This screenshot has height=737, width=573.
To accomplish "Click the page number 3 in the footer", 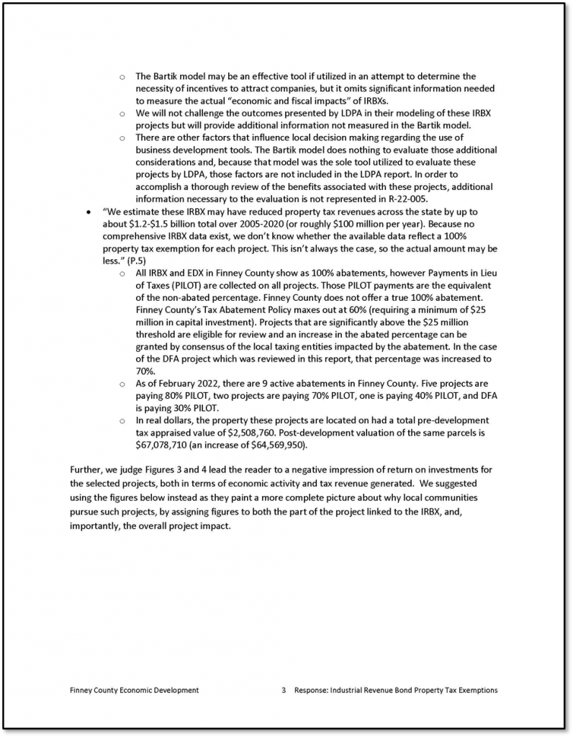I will [x=284, y=690].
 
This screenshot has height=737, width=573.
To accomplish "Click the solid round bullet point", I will [x=88, y=212].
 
